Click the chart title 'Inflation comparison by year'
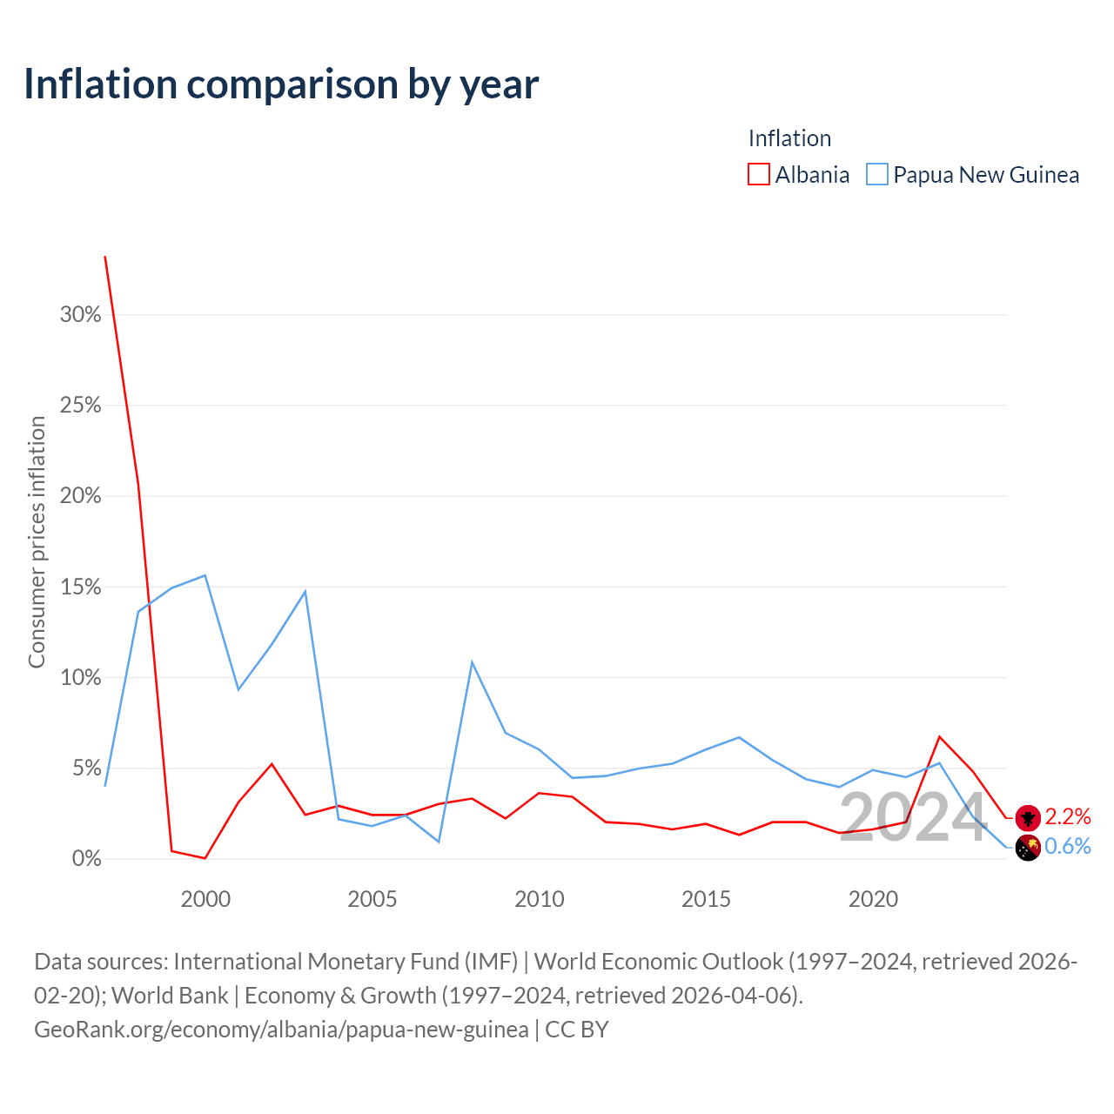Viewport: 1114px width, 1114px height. (281, 84)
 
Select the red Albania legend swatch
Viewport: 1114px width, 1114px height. (758, 174)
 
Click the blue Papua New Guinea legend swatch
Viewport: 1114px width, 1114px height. (877, 174)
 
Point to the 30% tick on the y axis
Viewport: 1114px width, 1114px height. (80, 314)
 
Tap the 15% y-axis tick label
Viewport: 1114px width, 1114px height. (80, 587)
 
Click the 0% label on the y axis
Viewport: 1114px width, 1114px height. (87, 858)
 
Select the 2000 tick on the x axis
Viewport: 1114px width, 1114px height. (205, 900)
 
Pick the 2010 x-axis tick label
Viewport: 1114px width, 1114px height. (540, 900)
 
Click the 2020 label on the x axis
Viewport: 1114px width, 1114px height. (873, 900)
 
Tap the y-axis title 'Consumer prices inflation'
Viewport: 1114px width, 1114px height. (37, 542)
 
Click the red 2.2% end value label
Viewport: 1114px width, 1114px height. (1068, 816)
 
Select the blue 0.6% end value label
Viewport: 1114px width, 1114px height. (1068, 846)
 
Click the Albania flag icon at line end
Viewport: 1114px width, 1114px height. (1028, 818)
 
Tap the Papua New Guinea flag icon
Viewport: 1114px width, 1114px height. (1028, 848)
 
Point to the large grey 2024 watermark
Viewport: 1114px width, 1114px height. (912, 817)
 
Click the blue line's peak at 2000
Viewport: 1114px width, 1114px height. (205, 575)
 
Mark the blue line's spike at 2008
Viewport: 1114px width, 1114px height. (473, 662)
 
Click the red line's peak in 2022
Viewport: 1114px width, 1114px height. (939, 736)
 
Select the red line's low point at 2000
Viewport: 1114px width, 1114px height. (205, 858)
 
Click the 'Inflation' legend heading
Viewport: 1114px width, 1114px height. (789, 138)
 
